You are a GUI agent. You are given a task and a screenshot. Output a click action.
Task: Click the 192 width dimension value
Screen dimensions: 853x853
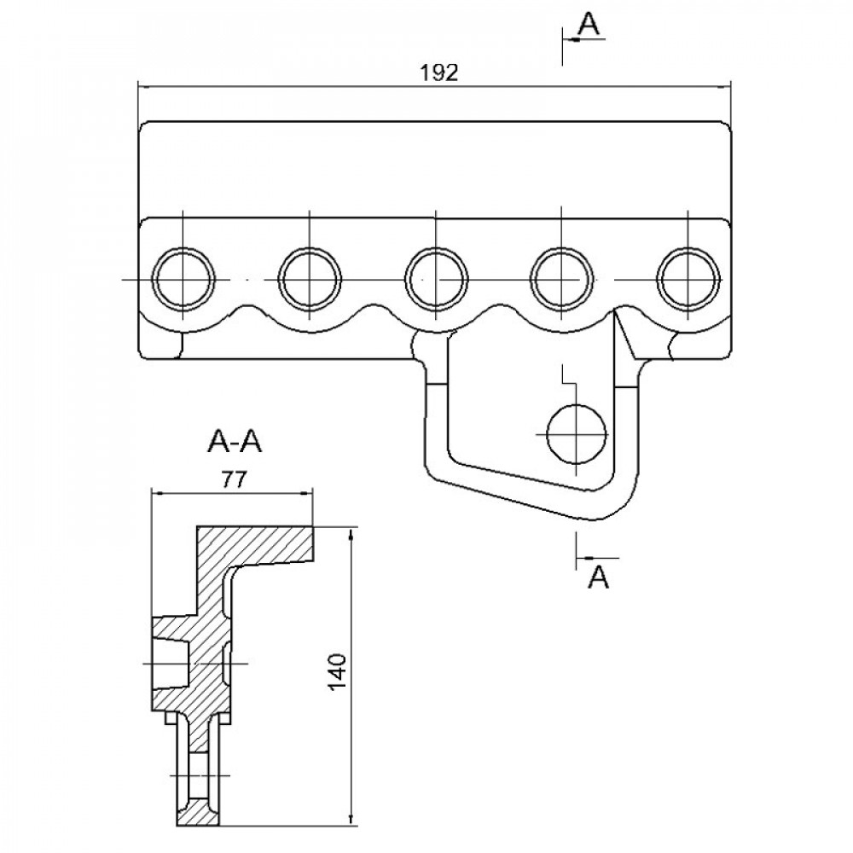click(440, 73)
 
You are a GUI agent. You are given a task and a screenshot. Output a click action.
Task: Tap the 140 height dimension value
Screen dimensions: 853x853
click(337, 673)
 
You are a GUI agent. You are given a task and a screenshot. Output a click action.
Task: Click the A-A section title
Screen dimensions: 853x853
click(235, 442)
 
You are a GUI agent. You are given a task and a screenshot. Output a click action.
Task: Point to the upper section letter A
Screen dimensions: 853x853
click(589, 26)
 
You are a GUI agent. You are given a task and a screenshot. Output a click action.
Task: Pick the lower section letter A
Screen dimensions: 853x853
click(600, 578)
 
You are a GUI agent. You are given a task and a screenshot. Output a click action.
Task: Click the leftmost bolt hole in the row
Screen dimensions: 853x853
click(183, 279)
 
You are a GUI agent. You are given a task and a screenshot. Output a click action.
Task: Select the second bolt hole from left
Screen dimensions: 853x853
click(310, 279)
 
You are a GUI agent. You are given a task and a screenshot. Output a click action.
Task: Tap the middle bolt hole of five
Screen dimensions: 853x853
click(437, 279)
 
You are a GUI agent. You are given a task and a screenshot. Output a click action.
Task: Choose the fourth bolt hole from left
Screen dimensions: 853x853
click(562, 279)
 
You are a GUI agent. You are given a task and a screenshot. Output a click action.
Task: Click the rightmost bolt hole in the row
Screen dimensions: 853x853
click(689, 279)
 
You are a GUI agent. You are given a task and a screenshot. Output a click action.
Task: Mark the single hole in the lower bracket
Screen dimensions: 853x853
click(577, 433)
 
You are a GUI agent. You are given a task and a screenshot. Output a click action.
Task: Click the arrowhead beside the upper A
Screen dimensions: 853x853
click(570, 38)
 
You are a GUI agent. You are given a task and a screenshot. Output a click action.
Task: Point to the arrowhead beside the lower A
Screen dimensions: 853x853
click(583, 559)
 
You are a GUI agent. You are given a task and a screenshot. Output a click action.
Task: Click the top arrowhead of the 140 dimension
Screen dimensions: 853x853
click(351, 534)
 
